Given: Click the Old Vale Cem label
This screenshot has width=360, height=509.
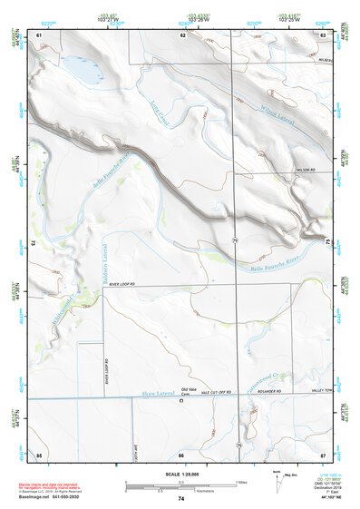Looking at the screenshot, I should (188, 391).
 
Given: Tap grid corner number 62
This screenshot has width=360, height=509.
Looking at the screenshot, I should (182, 34).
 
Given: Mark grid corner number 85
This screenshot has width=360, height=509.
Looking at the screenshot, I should (39, 453).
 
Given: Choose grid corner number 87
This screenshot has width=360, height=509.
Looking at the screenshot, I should (323, 453).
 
